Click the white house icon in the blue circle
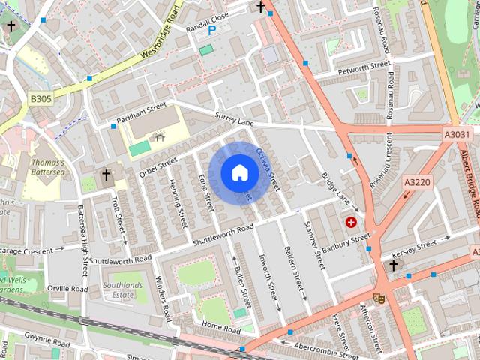pyautogui.click(x=239, y=172)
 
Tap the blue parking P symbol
pyautogui.click(x=211, y=30)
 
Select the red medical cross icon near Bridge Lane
pyautogui.click(x=351, y=222)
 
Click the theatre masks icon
pyautogui.click(x=379, y=297)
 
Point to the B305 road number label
pyautogui.click(x=41, y=98)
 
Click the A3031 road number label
pyautogui.click(x=457, y=134)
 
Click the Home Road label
pyautogui.click(x=221, y=328)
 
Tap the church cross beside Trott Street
pyautogui.click(x=106, y=175)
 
